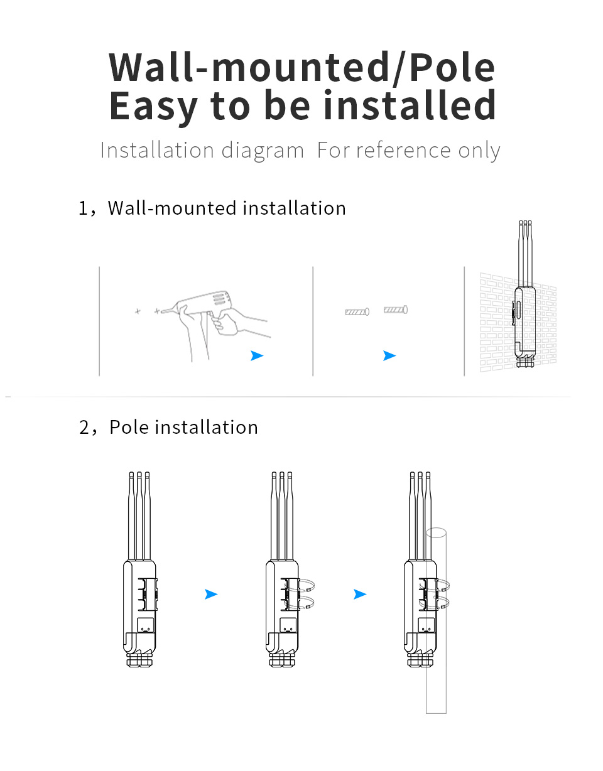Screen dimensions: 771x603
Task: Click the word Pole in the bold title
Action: (452, 67)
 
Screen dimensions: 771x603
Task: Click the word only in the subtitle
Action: (479, 151)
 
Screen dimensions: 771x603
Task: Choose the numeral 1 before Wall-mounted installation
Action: (84, 208)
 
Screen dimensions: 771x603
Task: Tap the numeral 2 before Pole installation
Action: (85, 428)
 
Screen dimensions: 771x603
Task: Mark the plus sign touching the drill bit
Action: (156, 311)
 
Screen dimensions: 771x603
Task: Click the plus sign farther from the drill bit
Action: (138, 311)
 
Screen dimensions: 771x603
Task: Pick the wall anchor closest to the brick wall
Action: (396, 310)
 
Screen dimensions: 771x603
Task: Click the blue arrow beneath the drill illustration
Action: (256, 356)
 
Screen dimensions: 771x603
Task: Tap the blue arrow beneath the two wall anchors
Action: (389, 356)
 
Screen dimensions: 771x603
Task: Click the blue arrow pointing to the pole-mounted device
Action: (360, 594)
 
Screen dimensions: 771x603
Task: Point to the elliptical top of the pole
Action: (436, 533)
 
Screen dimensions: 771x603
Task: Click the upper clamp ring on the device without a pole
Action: (306, 586)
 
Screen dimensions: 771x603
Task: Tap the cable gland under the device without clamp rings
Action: (139, 660)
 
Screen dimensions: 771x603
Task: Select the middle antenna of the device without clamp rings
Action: (139, 515)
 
